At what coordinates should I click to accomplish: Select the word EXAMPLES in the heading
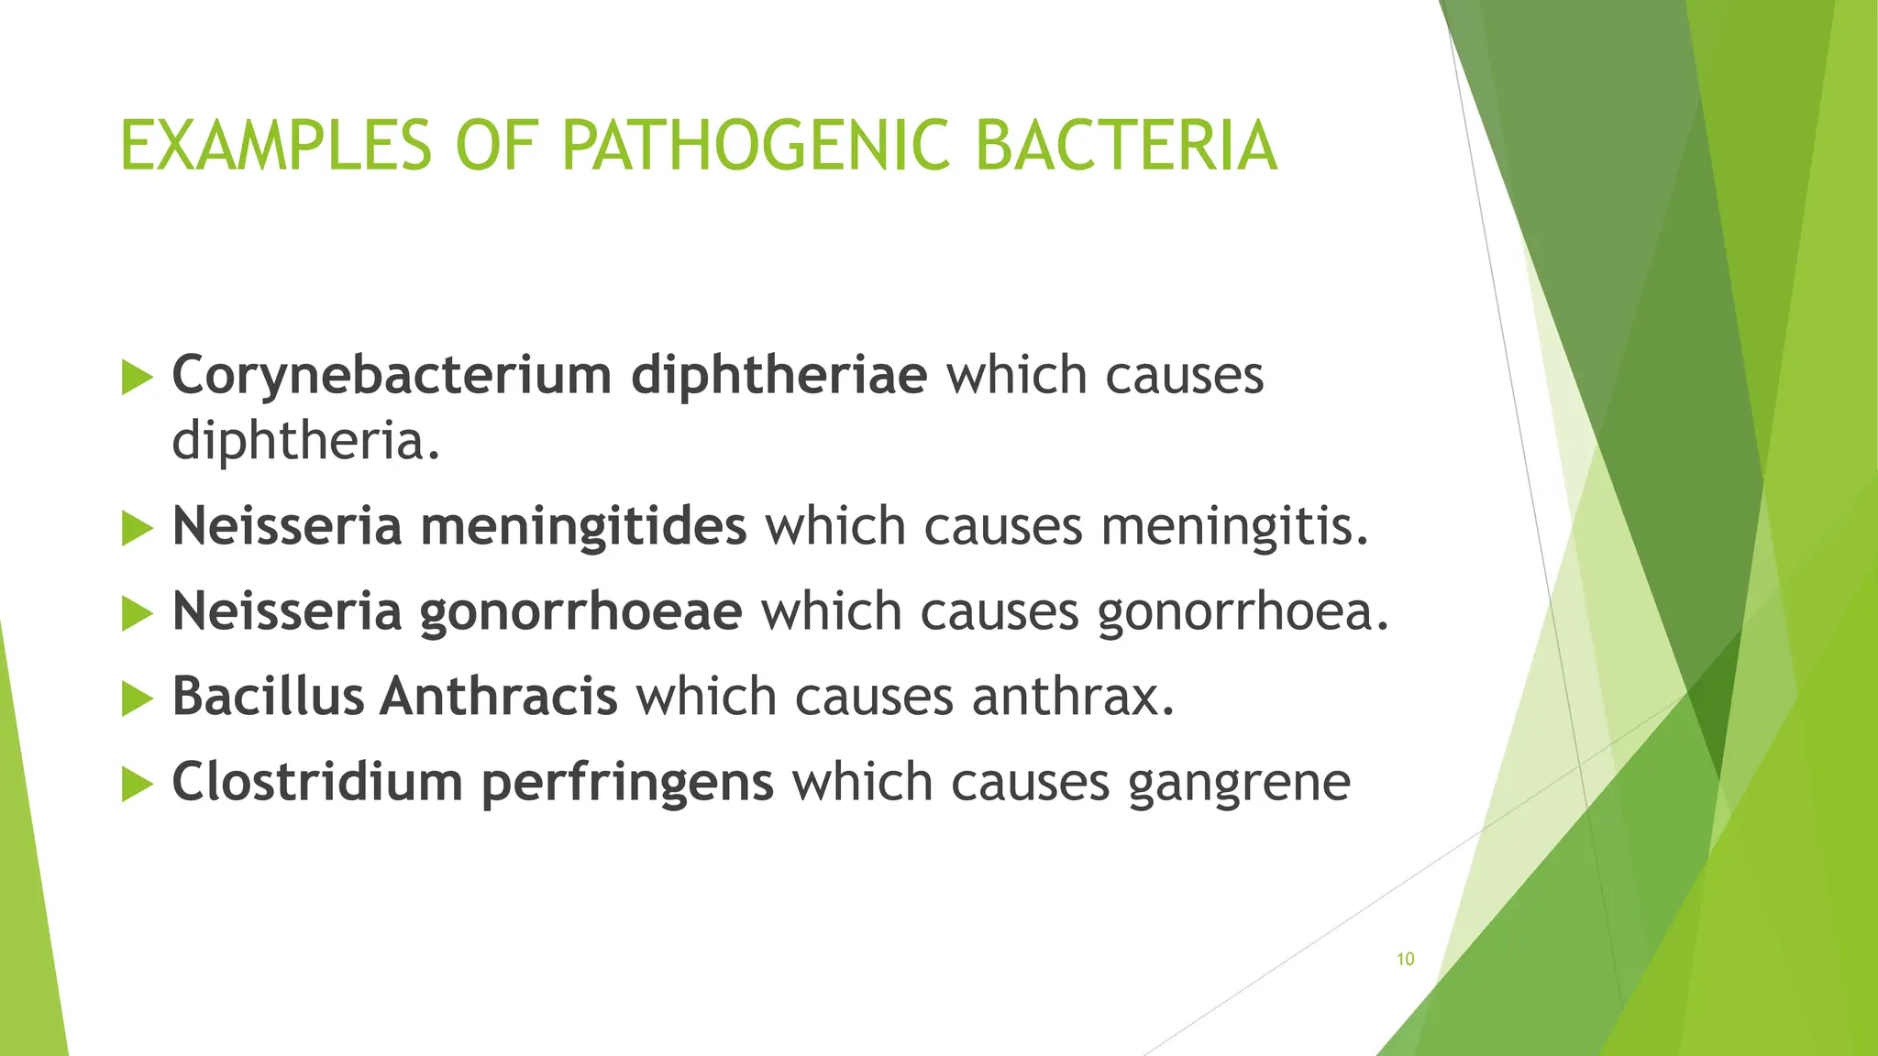(x=276, y=146)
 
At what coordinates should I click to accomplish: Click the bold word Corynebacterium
(x=392, y=376)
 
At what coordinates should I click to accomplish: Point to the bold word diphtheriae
(x=779, y=376)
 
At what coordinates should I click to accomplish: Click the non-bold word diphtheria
(x=305, y=442)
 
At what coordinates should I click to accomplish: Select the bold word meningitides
(x=583, y=527)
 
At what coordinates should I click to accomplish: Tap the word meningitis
(x=1234, y=527)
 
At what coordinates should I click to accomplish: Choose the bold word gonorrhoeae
(x=580, y=612)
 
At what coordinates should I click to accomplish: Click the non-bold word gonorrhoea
(x=1243, y=612)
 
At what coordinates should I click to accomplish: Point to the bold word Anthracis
(x=499, y=697)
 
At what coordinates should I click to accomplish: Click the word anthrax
(x=1073, y=697)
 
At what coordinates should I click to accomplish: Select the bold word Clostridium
(x=317, y=782)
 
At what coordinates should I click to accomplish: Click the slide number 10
(x=1405, y=959)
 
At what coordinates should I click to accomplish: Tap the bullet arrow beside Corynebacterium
(x=137, y=377)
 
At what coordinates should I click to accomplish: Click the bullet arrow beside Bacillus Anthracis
(x=137, y=698)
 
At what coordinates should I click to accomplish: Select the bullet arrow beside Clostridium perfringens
(x=137, y=784)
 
